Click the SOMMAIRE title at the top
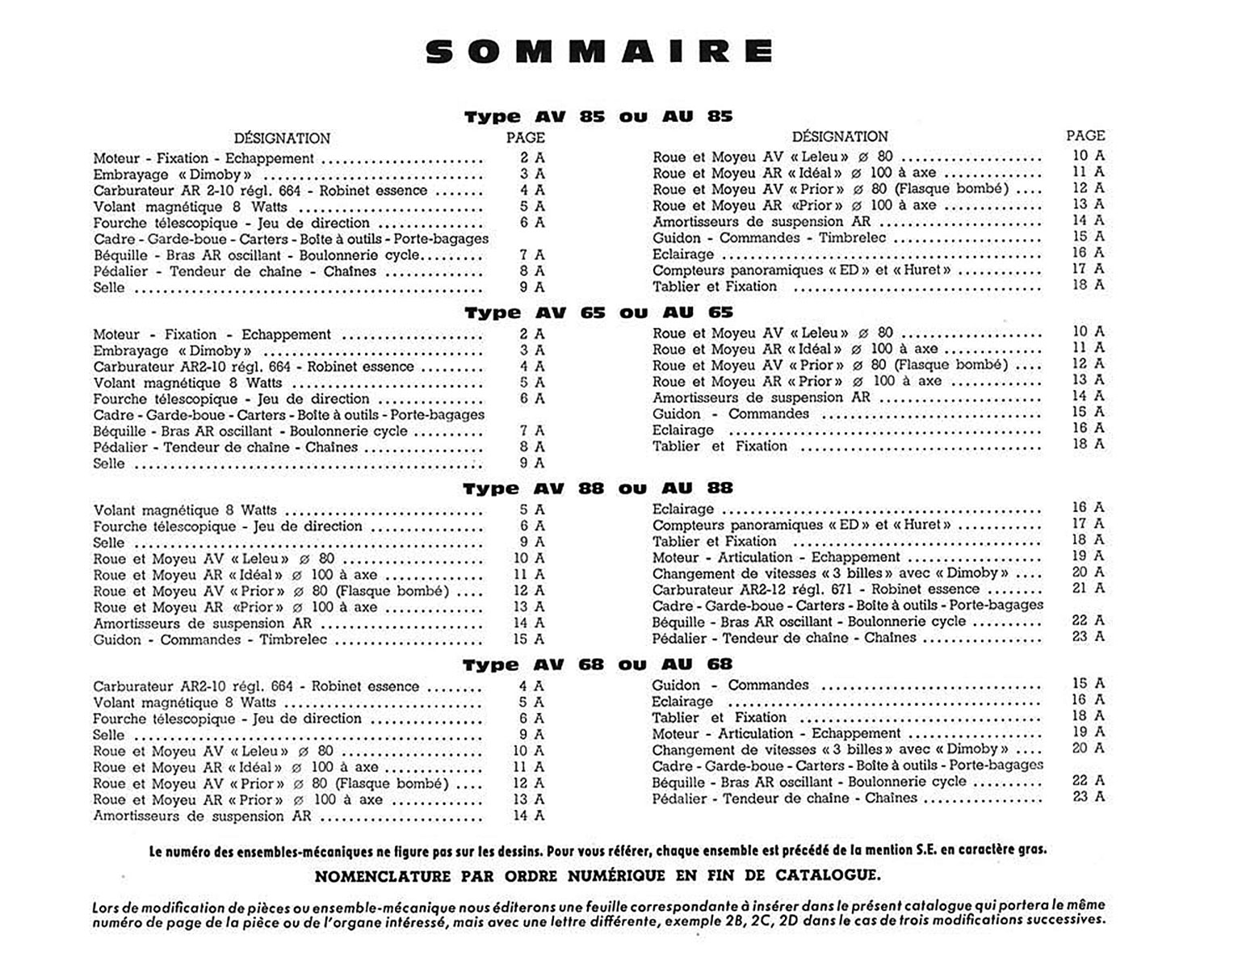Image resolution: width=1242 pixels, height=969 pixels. tap(599, 52)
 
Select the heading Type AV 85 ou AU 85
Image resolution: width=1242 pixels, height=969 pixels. tap(598, 116)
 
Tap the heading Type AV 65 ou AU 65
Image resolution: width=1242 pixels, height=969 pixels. tap(598, 313)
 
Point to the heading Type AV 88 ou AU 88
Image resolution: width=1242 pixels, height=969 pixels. tap(598, 489)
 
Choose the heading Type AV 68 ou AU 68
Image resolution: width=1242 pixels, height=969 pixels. tap(598, 665)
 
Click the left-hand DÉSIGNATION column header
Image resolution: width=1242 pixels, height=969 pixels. tap(282, 138)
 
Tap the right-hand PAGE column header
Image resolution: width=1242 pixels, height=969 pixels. tap(1085, 136)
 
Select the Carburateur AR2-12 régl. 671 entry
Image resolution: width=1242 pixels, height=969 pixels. tap(816, 589)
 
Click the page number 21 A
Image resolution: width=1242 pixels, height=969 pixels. tap(1088, 589)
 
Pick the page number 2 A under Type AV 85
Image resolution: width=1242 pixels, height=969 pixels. tap(531, 158)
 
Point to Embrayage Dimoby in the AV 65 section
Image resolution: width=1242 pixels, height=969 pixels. tap(172, 350)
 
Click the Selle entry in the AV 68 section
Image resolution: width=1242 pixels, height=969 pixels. tap(108, 735)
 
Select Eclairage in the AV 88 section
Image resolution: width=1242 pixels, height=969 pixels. tap(682, 509)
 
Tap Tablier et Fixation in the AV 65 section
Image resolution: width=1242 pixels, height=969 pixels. tap(719, 446)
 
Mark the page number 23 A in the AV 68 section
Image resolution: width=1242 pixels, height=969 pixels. tap(1088, 797)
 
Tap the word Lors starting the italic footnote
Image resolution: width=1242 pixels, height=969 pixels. tap(106, 906)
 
